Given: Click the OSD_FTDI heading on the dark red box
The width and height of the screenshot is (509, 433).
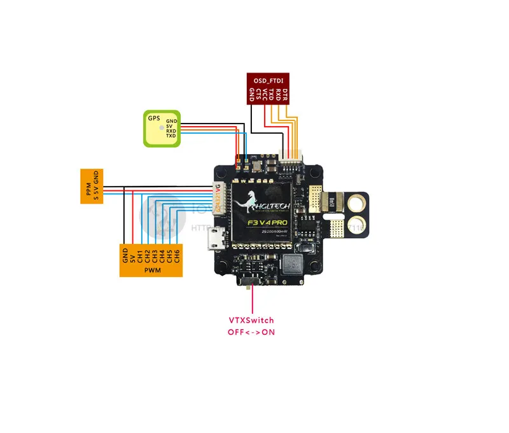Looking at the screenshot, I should pyautogui.click(x=267, y=80).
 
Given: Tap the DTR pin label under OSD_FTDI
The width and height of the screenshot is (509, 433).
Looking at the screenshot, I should pyautogui.click(x=286, y=96).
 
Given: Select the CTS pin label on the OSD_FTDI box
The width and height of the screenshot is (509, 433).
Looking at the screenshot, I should pyautogui.click(x=258, y=96).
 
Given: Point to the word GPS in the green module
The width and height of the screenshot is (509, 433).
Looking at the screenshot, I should pyautogui.click(x=154, y=118).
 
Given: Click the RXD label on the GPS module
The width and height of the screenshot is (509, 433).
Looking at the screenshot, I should pyautogui.click(x=171, y=131).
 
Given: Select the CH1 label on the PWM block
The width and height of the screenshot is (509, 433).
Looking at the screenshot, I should pyautogui.click(x=140, y=256).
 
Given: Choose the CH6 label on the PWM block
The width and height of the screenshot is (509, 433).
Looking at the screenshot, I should pyautogui.click(x=178, y=256).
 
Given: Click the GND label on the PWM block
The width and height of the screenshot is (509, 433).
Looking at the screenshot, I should pyautogui.click(x=125, y=255).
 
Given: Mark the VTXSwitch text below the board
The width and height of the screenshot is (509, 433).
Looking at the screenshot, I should pyautogui.click(x=251, y=320).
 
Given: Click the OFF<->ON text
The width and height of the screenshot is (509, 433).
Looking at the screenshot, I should pyautogui.click(x=251, y=332).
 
